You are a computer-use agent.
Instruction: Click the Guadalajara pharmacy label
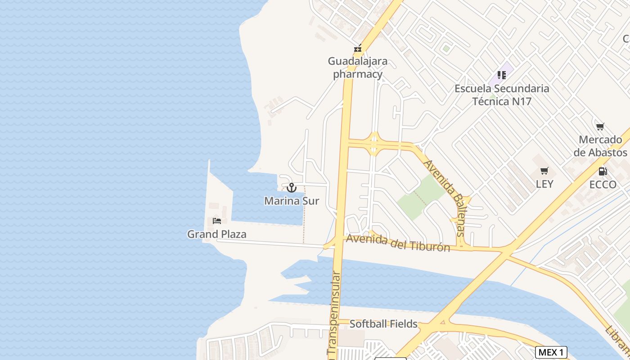(358, 67)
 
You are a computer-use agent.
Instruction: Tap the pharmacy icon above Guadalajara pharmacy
(358, 48)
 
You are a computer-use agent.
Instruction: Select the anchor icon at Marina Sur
(292, 187)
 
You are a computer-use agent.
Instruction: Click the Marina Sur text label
(292, 201)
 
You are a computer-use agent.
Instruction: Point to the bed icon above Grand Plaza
(217, 221)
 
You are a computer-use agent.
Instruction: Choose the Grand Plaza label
(217, 234)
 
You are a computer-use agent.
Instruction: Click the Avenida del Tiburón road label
(398, 243)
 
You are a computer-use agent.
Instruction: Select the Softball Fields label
(383, 324)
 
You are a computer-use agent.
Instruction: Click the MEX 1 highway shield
(551, 352)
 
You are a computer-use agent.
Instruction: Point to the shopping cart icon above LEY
(544, 171)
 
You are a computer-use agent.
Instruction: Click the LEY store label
(544, 184)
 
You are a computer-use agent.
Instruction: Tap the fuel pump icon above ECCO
(603, 171)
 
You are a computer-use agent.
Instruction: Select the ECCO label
(603, 184)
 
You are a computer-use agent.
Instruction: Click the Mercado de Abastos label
(600, 146)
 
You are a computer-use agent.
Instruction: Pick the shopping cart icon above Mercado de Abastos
(600, 126)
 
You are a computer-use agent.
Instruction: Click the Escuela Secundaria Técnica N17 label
(502, 94)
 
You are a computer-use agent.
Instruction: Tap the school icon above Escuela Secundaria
(502, 75)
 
